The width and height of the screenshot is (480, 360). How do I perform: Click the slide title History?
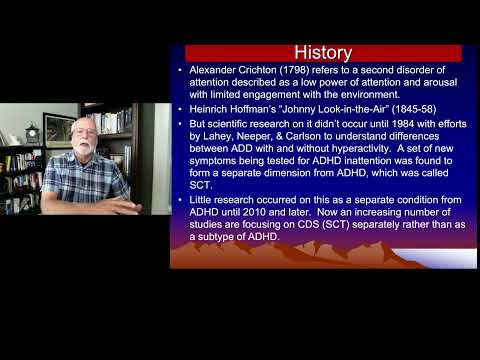pyautogui.click(x=322, y=52)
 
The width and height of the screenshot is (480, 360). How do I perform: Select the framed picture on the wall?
pyautogui.click(x=59, y=129)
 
